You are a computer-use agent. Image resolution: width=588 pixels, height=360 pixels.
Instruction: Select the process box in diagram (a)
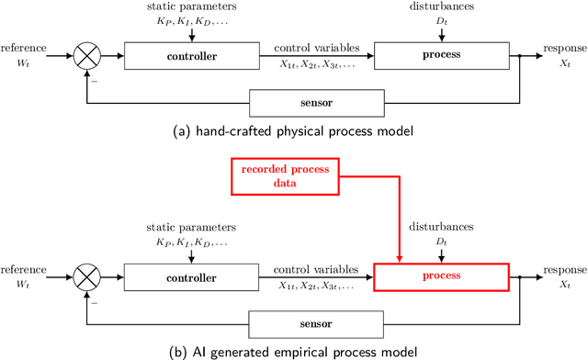[x=441, y=56]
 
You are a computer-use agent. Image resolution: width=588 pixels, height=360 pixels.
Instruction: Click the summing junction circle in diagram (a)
[x=88, y=56]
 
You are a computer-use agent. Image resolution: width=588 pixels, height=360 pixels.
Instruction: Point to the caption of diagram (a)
[x=293, y=131]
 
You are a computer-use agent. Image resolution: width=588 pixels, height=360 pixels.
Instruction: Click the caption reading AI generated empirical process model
[x=293, y=351]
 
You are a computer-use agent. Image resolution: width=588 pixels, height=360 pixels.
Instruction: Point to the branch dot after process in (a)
[x=520, y=56]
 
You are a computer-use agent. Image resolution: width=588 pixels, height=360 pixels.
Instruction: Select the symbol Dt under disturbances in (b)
[x=441, y=242]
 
